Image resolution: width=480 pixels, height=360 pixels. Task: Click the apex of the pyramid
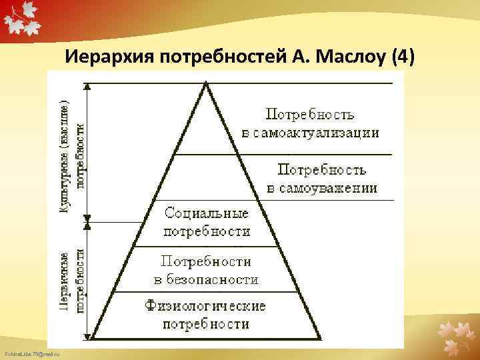coord(207,83)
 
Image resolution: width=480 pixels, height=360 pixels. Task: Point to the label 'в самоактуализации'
coord(310,132)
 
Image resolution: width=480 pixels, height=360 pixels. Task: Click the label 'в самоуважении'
coord(321,188)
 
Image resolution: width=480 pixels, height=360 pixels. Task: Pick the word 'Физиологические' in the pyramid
coord(206,306)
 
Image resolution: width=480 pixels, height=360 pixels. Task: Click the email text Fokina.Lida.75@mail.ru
coord(31,353)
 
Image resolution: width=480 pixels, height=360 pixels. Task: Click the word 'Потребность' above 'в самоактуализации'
coord(310,115)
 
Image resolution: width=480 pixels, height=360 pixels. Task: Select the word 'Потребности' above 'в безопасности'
coord(206,262)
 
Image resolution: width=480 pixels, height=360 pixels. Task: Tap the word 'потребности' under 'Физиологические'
coord(206,324)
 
